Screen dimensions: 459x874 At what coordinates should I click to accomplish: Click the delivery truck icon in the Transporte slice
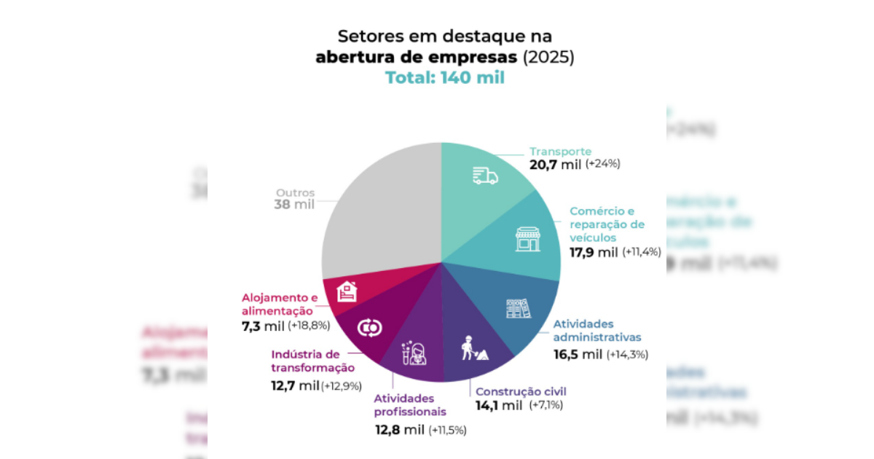(484, 175)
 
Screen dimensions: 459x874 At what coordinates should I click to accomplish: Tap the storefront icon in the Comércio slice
(528, 239)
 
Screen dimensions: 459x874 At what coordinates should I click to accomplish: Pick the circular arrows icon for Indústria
(369, 329)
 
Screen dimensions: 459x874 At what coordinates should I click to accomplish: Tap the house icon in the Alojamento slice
(347, 291)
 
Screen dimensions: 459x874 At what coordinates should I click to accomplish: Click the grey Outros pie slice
(379, 211)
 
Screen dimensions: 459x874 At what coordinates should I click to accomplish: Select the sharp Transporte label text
(560, 152)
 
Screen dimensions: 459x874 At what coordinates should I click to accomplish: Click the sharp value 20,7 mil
(556, 165)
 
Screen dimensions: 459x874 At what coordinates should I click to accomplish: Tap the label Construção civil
(521, 391)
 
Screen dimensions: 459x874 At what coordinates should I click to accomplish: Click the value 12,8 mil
(399, 430)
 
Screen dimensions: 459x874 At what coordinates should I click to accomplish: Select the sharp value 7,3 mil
(263, 326)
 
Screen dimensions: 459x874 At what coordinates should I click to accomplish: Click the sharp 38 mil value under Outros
(294, 205)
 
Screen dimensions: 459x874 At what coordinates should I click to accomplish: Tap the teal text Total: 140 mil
(445, 78)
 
